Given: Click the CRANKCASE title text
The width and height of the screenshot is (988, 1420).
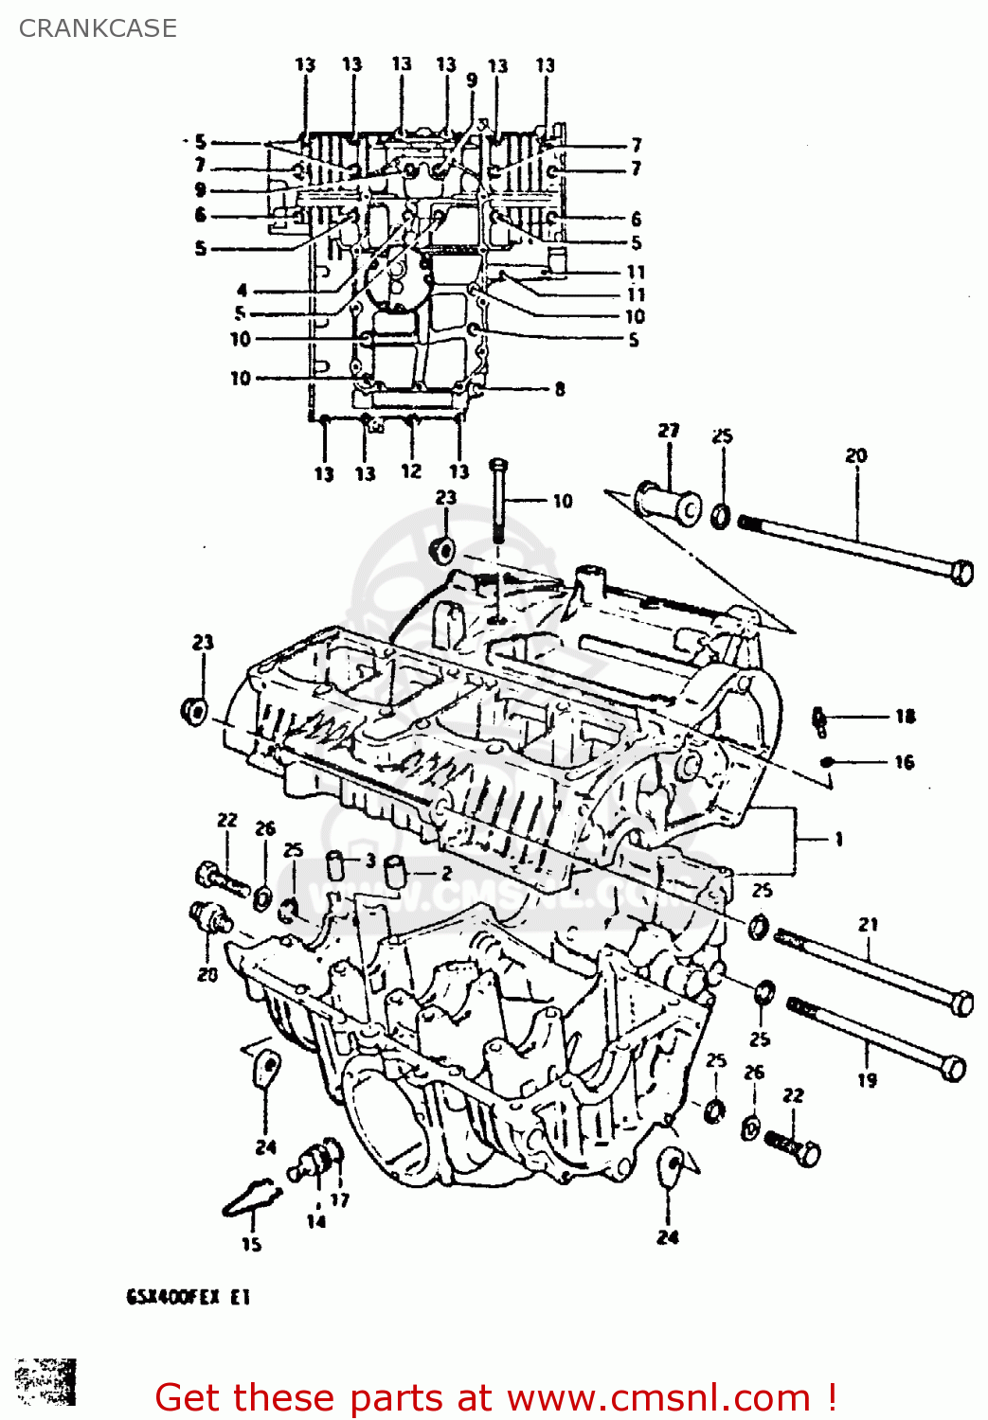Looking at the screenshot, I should (98, 28).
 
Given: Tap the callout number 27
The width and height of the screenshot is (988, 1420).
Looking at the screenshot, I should (669, 431).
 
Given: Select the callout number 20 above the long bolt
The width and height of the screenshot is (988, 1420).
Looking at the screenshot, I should (855, 455).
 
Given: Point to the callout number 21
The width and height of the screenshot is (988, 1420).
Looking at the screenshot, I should (869, 924).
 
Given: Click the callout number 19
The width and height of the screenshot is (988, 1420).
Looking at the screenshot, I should (867, 1079).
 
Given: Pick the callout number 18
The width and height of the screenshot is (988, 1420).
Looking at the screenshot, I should (905, 717).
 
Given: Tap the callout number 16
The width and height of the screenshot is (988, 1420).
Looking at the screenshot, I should (905, 762).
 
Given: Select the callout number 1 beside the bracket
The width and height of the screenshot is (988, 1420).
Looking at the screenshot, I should (838, 839).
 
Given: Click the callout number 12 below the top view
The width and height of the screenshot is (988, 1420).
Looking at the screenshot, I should (410, 471).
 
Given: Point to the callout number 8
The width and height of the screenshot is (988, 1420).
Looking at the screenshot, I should (560, 389).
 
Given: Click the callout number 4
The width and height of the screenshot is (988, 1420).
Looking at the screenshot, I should (243, 291).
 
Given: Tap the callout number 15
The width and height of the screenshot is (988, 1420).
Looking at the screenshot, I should (251, 1244).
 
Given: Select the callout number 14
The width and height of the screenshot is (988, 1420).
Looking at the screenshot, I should (315, 1221).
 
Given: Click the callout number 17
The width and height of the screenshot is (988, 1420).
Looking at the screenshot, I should (340, 1200).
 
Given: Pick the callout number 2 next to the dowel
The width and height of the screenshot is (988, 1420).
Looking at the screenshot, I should (446, 874).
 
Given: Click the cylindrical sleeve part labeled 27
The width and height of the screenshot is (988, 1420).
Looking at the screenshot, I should (667, 503).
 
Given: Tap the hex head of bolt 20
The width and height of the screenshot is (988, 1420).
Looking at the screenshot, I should (961, 573).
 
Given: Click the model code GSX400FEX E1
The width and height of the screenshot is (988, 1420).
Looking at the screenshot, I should (189, 1297).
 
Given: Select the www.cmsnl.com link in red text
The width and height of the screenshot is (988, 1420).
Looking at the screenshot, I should (673, 1397).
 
